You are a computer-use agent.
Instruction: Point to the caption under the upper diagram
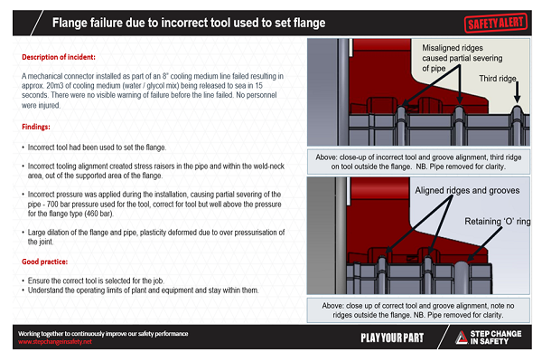(x=420, y=160)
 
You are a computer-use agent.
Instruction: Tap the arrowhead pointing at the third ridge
(x=519, y=100)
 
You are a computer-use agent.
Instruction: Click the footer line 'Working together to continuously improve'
(x=104, y=334)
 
